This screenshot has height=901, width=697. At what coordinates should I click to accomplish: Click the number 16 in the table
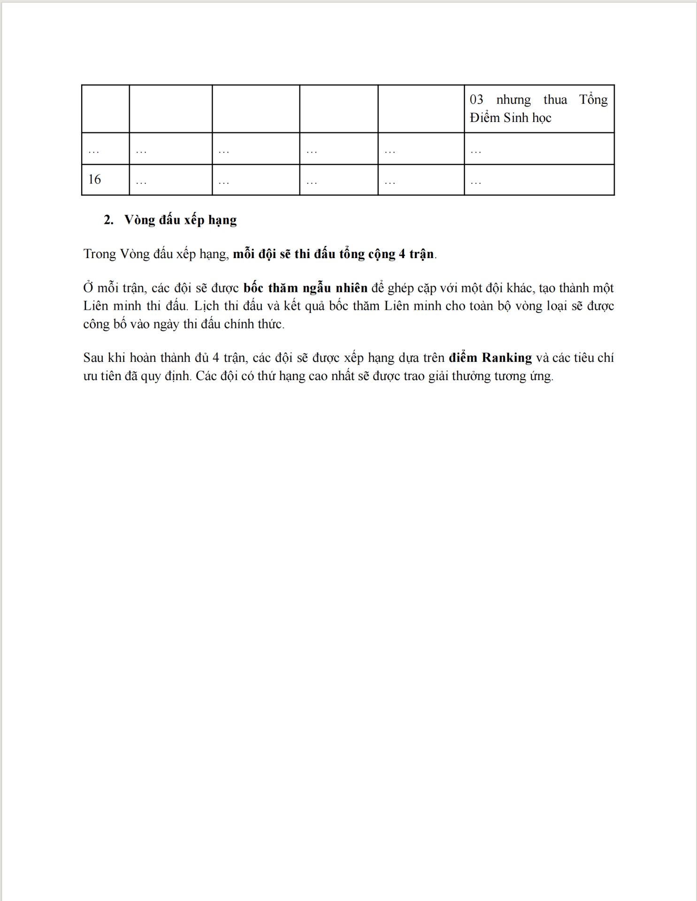click(x=94, y=179)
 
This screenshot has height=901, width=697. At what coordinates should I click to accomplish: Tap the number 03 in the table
click(x=476, y=99)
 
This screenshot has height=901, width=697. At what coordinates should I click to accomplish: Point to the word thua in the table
click(x=555, y=99)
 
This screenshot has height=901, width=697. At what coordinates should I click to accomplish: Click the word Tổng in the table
click(x=593, y=99)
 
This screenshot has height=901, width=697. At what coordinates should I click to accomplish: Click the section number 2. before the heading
click(x=108, y=220)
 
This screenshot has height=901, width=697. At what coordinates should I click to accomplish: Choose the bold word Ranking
click(x=507, y=358)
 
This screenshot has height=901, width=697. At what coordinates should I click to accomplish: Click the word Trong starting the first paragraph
click(x=100, y=254)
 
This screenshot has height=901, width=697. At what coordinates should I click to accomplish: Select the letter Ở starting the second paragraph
click(x=88, y=288)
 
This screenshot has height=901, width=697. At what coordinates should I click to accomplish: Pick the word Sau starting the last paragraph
click(x=93, y=358)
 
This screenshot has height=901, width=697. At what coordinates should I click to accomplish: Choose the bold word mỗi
click(x=244, y=254)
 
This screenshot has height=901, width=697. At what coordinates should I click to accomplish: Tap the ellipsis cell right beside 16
click(x=141, y=181)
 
